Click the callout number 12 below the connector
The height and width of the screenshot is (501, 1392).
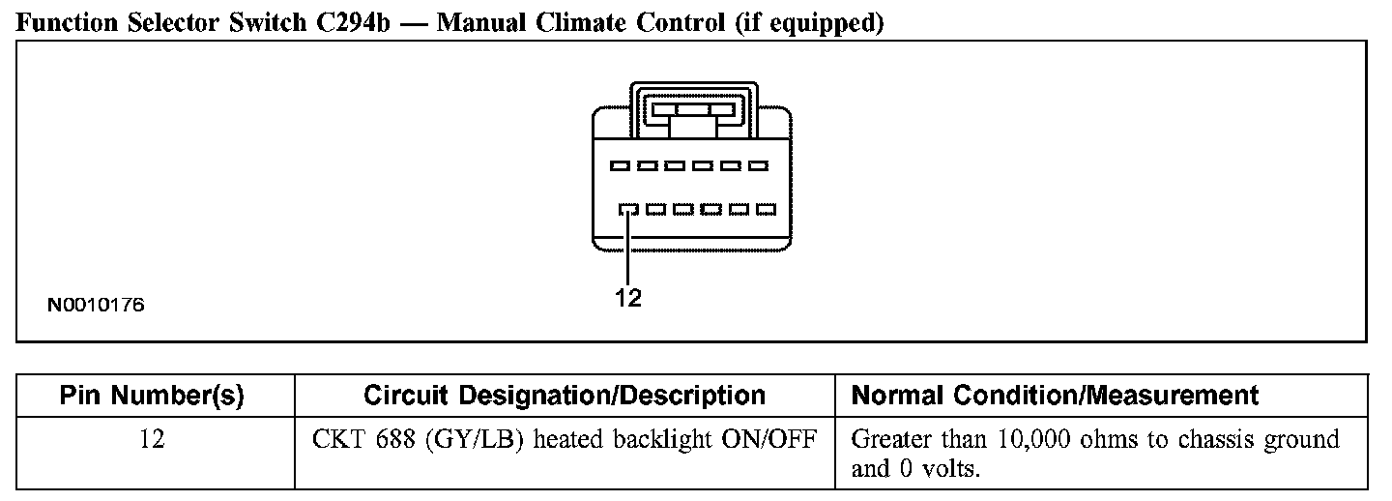pyautogui.click(x=628, y=299)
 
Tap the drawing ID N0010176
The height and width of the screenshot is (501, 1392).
pyautogui.click(x=96, y=306)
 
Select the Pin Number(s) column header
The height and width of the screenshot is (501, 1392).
pyautogui.click(x=152, y=396)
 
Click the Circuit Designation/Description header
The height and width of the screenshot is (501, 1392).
pyautogui.click(x=565, y=396)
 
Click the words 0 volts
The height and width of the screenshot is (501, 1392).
pyautogui.click(x=937, y=470)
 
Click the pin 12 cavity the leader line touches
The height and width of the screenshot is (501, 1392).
pyautogui.click(x=627, y=209)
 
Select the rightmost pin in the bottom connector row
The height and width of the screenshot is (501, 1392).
pyautogui.click(x=767, y=209)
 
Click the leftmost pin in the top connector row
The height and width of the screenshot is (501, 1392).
pyautogui.click(x=620, y=166)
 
